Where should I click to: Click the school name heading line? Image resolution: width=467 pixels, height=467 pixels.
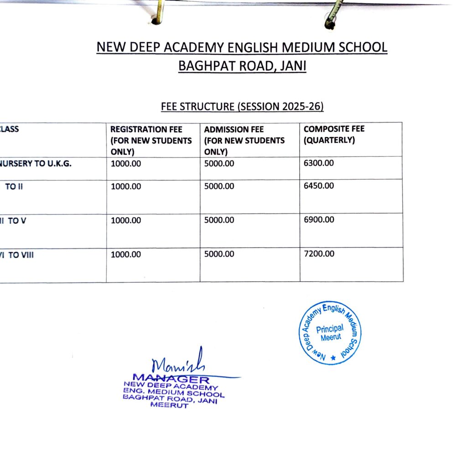pos(242,47)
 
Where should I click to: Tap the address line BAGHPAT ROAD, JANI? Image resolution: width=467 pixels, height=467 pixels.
pos(242,66)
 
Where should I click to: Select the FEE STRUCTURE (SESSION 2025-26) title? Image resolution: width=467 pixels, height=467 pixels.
pos(242,107)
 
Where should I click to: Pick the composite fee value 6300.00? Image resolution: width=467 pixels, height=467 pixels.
pos(319,163)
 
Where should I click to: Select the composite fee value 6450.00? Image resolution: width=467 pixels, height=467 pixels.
pos(319,186)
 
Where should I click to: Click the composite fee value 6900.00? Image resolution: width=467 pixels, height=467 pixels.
pos(319,219)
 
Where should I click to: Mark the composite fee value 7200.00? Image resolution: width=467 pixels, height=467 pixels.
pos(319,254)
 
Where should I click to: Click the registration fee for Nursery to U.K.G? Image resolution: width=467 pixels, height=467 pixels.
pos(126,164)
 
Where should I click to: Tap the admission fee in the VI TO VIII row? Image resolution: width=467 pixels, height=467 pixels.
pos(219,254)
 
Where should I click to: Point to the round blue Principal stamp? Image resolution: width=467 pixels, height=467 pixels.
pos(330,333)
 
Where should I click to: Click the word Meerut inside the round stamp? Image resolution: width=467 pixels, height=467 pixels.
pos(330,338)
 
